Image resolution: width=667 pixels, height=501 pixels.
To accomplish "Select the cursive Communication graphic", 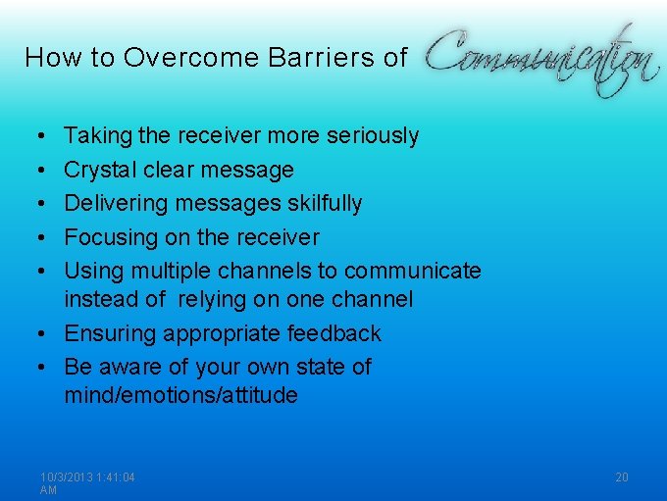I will (540, 59).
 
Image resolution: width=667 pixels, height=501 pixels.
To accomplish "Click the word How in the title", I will (48, 58).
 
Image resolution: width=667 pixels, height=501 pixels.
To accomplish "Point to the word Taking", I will (94, 136).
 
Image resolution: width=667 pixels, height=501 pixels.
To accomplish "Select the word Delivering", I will (115, 204).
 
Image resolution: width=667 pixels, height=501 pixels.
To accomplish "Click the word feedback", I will (333, 334).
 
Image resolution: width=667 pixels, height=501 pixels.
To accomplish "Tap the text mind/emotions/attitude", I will (180, 396).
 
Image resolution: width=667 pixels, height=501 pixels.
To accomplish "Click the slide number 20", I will (622, 477).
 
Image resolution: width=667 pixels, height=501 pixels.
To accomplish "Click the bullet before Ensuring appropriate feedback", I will (47, 334).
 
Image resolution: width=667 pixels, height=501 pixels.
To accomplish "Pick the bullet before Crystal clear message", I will (47, 171).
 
